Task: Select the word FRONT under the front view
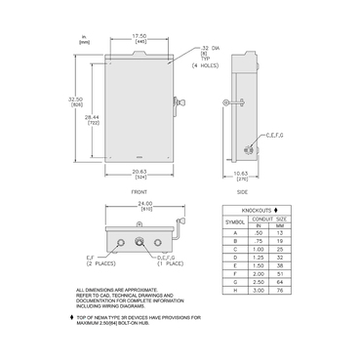click(x=139, y=191)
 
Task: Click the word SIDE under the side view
click(x=242, y=191)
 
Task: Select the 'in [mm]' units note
click(x=86, y=39)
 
